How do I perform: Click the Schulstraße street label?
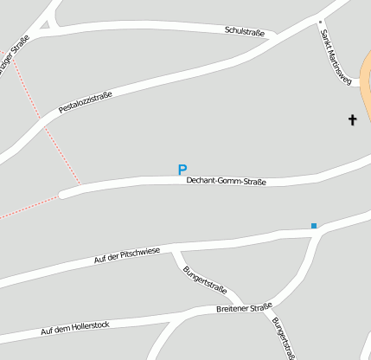(x=244, y=30)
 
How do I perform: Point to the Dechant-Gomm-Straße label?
(x=226, y=182)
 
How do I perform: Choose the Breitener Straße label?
(x=244, y=307)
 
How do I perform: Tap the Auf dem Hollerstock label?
(x=76, y=327)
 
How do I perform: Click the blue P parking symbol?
(x=182, y=170)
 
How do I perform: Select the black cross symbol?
(x=352, y=119)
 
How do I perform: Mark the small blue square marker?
(x=314, y=226)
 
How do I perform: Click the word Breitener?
(x=232, y=309)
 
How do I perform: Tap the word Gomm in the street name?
(x=227, y=182)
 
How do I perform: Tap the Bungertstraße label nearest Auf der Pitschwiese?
(x=205, y=277)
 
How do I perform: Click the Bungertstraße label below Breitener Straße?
(x=284, y=338)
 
